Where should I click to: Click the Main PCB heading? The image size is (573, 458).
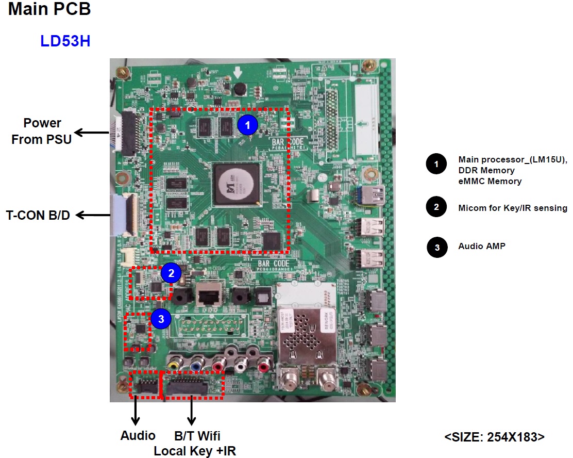click(x=49, y=9)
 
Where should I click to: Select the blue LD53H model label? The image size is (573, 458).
click(x=65, y=41)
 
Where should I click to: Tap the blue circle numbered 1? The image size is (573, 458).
click(x=247, y=124)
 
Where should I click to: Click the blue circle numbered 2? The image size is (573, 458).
click(x=171, y=273)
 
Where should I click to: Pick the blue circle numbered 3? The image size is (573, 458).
click(x=161, y=319)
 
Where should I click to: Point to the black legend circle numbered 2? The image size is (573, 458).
click(x=436, y=208)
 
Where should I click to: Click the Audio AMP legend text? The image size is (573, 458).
click(x=482, y=246)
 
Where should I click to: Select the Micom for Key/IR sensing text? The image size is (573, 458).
click(x=512, y=208)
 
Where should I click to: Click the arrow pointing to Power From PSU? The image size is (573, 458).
click(x=91, y=133)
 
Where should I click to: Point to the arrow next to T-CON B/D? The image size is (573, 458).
click(x=90, y=215)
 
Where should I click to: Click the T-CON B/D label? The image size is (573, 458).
click(x=38, y=215)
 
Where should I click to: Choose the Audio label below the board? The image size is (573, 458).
click(x=138, y=435)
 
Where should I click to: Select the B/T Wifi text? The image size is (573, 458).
click(x=195, y=435)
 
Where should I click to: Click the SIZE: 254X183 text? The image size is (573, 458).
click(x=494, y=436)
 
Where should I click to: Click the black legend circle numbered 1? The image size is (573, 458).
click(x=436, y=165)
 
